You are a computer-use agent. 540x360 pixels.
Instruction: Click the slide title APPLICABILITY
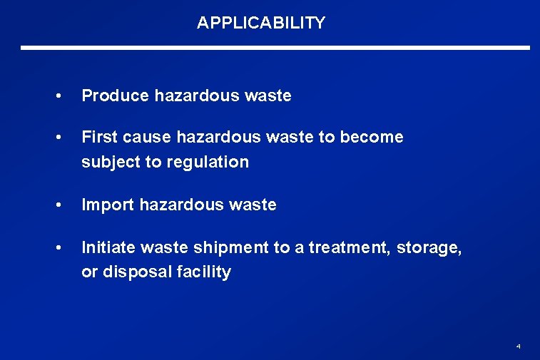point(261,23)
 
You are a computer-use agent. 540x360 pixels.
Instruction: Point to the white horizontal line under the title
point(275,48)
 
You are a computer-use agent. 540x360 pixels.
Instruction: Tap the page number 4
point(518,346)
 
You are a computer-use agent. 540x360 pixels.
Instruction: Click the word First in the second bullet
point(97,137)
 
